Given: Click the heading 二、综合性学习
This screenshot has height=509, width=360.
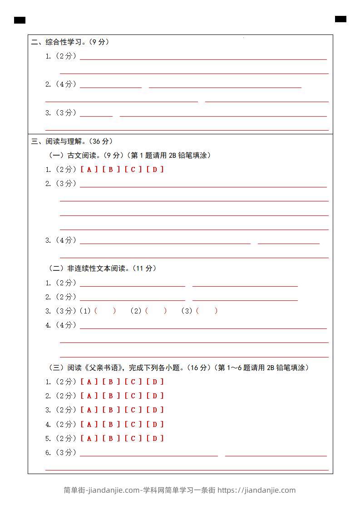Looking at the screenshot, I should coord(70,42).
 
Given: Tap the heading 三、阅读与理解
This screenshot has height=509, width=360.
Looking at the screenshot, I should coord(72,141).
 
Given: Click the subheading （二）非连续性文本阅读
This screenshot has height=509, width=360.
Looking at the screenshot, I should coord(102,268).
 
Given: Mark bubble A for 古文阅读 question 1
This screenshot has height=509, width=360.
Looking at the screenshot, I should coord(89,169).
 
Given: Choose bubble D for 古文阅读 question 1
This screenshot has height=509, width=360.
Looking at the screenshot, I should coord(155,169).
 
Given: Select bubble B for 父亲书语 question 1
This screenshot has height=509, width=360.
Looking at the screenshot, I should coord(111,382).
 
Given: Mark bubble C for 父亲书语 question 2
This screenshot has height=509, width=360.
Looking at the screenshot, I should coord(133,396).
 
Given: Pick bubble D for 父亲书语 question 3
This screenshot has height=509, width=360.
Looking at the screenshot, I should coord(155,410).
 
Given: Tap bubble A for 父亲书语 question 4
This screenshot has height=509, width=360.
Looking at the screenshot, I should coord(89,424).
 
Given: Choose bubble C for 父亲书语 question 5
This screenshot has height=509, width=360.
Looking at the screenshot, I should coord(133,438).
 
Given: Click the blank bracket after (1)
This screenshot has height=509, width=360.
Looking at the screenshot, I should coord(105,311).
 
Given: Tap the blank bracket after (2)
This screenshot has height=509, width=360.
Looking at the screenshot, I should coord(156,311).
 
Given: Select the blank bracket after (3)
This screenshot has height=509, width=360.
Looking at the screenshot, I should coord(207,311).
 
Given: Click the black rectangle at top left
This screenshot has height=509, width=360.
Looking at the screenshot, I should coord(20,20).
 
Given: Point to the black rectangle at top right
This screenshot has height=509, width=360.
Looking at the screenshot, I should coord(340,19).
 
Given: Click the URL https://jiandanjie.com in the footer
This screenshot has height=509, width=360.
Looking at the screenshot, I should coord(256,490).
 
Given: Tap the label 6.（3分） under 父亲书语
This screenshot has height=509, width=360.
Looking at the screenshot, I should coord(61,452).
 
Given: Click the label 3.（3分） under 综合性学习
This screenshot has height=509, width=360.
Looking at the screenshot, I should coord(61,113).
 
